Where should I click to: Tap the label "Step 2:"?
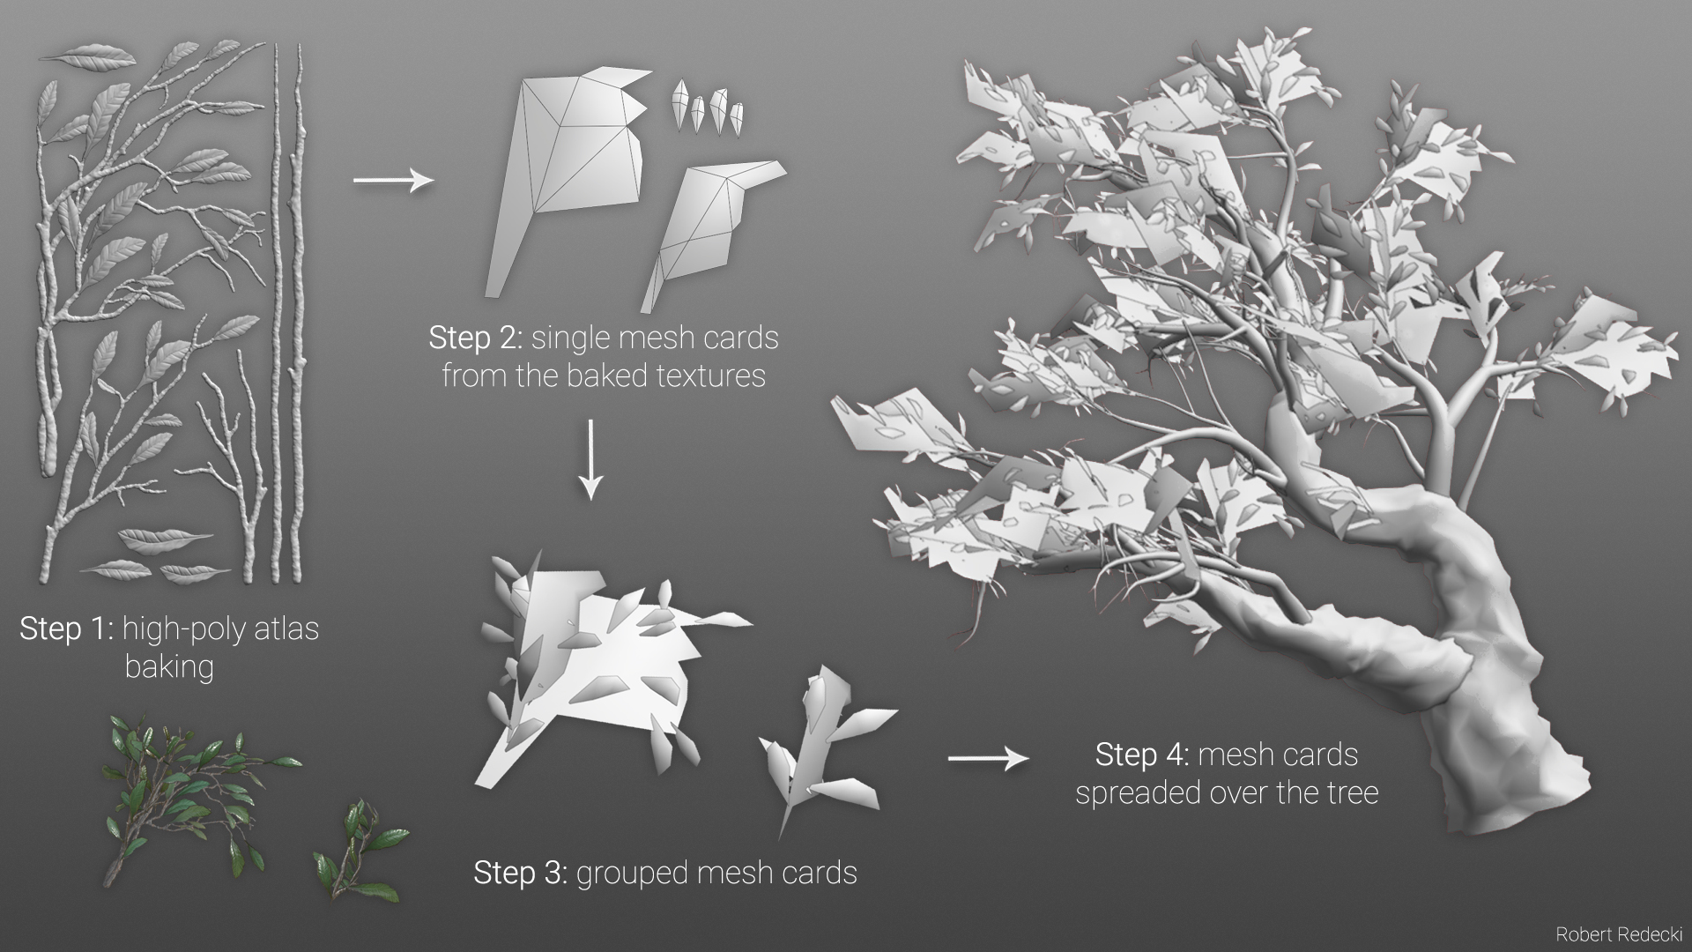tap(476, 338)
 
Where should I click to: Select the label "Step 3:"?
tap(521, 873)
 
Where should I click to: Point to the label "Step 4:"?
tap(1142, 755)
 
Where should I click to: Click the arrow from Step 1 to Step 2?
tap(394, 181)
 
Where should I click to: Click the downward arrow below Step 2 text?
tap(591, 458)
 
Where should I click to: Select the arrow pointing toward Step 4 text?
tap(988, 757)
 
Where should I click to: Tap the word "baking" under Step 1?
tap(169, 667)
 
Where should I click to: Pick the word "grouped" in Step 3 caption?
tap(631, 874)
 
